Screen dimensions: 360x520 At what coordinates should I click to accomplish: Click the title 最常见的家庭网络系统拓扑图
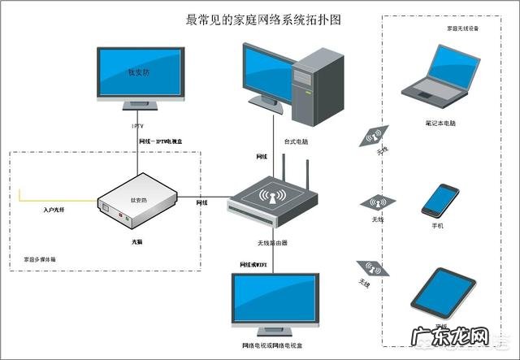click(x=259, y=19)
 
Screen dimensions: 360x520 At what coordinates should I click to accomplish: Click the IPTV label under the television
click(x=138, y=126)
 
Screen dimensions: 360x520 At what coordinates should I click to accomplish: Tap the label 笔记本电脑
click(x=440, y=123)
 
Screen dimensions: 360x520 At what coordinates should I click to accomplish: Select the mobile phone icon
click(x=440, y=200)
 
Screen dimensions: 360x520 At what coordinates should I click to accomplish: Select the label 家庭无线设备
click(x=462, y=28)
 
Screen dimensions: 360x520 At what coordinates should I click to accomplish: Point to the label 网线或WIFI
click(x=255, y=265)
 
